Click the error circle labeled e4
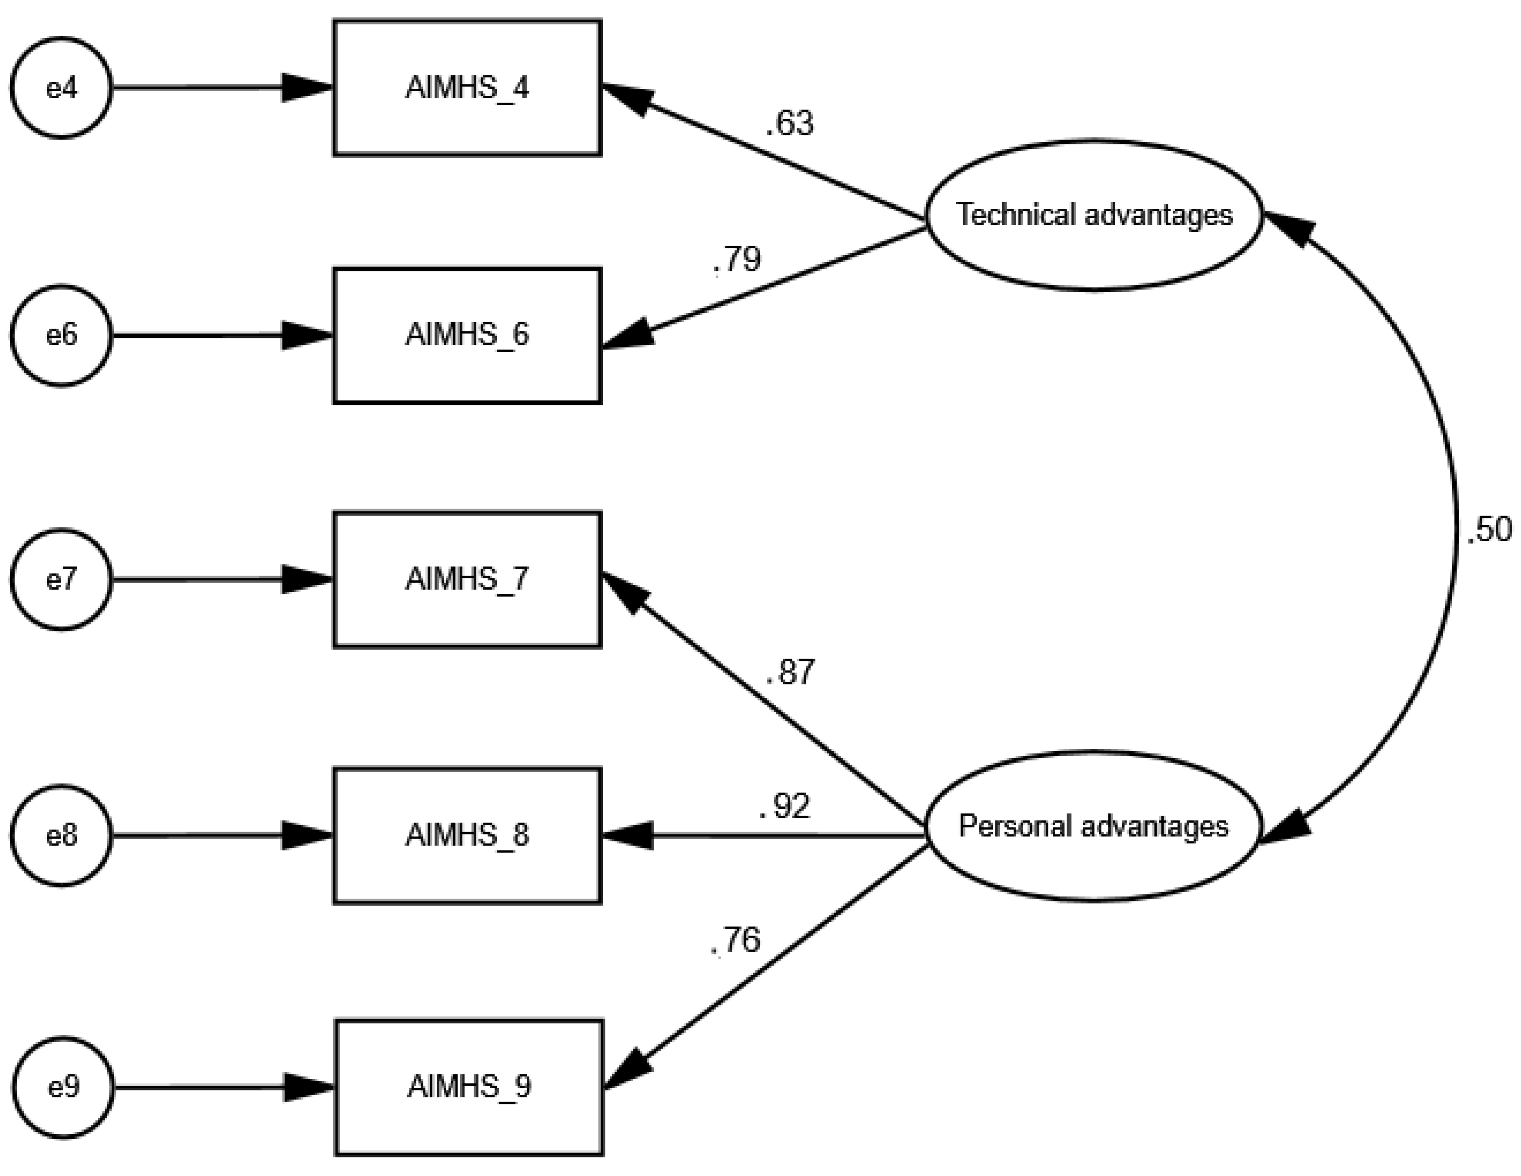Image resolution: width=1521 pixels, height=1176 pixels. click(x=61, y=88)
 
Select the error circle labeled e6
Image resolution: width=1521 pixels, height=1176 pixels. click(x=61, y=335)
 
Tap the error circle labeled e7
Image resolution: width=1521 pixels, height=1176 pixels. click(x=61, y=580)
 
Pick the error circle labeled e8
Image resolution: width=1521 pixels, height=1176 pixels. click(x=61, y=835)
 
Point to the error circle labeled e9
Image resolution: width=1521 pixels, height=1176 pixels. click(x=63, y=1087)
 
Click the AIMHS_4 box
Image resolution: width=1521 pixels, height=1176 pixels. click(x=467, y=88)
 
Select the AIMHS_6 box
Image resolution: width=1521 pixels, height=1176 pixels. click(x=467, y=335)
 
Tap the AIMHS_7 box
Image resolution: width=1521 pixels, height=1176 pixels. click(x=467, y=580)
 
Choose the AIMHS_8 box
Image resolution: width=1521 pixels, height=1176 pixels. click(x=467, y=835)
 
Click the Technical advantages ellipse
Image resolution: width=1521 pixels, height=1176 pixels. click(x=1093, y=215)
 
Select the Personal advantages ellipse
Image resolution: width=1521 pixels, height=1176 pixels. click(x=1093, y=826)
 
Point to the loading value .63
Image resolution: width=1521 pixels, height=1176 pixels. click(x=790, y=123)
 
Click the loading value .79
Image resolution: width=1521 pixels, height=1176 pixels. click(x=737, y=259)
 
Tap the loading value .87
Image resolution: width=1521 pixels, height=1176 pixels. click(x=790, y=672)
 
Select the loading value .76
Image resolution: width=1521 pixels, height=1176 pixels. click(x=736, y=940)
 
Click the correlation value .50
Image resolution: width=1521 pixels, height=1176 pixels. click(x=1489, y=530)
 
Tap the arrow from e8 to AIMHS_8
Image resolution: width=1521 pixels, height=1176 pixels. click(x=209, y=835)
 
